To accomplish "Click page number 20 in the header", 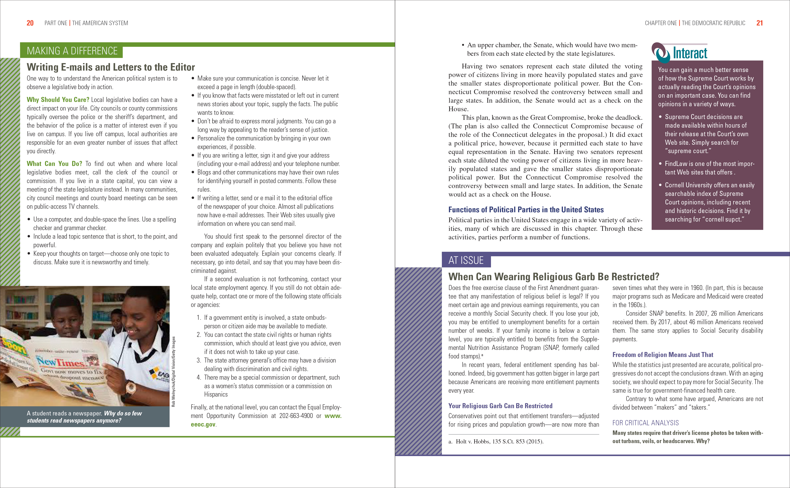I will point(30,23).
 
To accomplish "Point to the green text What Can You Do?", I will point(54,164).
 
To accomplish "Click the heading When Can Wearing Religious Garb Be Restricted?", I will point(553,277).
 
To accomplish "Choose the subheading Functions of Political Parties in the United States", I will point(526,210).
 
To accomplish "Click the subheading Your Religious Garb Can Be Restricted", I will point(500,406).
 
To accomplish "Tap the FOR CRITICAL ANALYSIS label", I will point(645,423).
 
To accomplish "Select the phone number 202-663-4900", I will point(296,416).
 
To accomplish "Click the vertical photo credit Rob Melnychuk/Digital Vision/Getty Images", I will point(174,371).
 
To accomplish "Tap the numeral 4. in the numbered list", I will point(199,377).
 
